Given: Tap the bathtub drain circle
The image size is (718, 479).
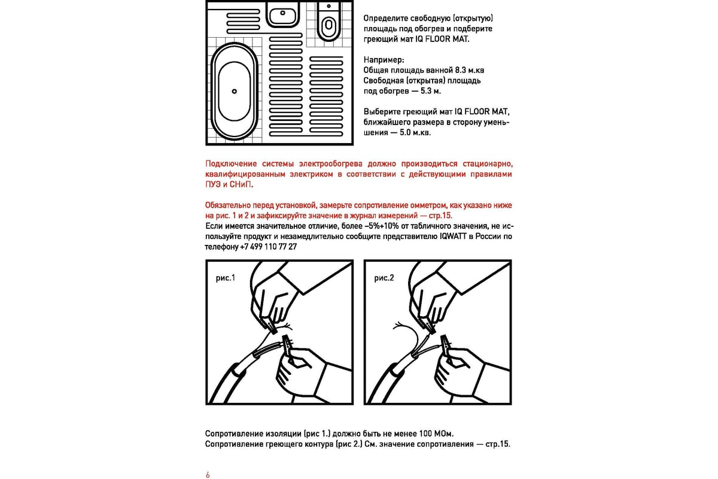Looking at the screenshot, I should (x=235, y=91).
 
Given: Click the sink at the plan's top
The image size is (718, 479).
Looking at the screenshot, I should (x=282, y=13).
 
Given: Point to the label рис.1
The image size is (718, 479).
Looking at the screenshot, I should (x=226, y=278).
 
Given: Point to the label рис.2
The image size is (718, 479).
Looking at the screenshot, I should (x=384, y=278).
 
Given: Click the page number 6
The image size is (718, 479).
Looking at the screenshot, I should (x=208, y=474).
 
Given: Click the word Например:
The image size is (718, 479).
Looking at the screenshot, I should (x=384, y=60).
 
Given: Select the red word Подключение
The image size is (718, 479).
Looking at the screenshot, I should (x=230, y=164).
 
